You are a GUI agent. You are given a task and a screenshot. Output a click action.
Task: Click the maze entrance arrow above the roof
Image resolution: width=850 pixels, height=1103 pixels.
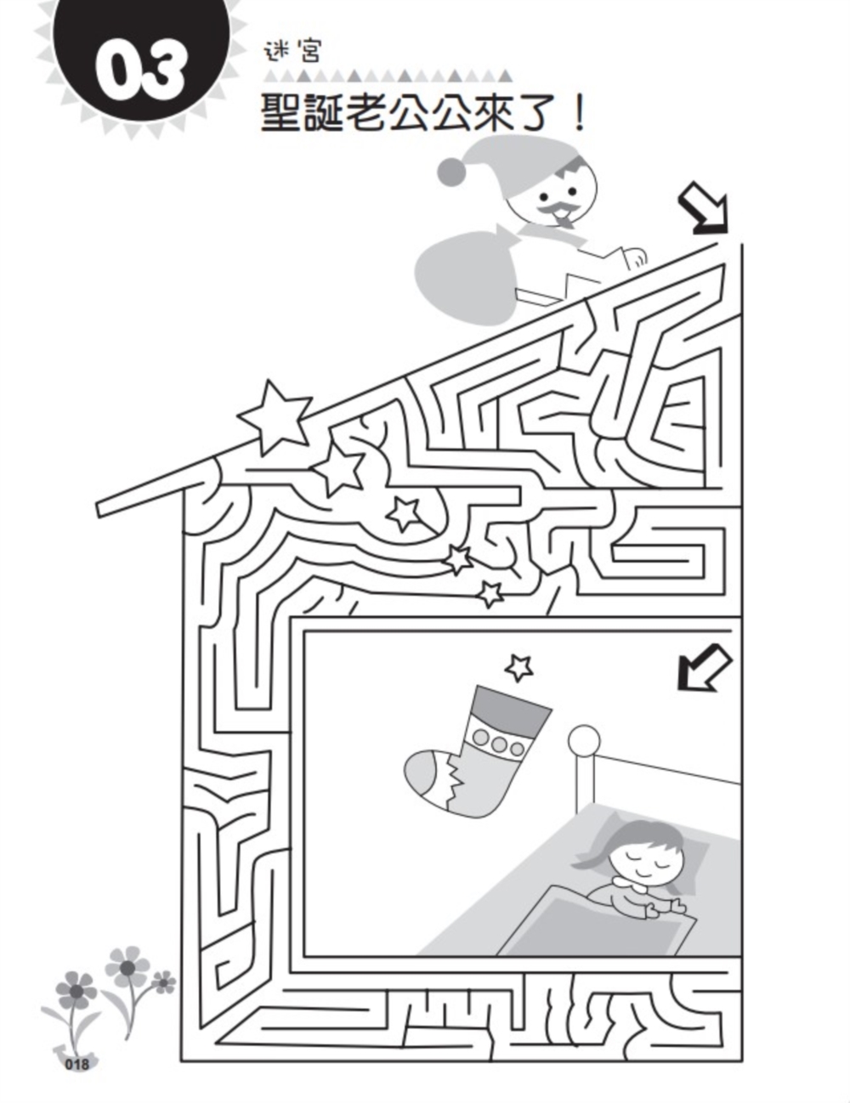click(703, 210)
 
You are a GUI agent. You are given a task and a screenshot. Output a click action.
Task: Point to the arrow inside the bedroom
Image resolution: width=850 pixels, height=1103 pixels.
click(704, 667)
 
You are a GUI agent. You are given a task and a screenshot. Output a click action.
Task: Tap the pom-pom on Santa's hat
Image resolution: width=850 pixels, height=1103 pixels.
click(451, 172)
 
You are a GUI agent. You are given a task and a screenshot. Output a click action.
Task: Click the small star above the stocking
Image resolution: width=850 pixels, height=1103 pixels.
click(518, 668)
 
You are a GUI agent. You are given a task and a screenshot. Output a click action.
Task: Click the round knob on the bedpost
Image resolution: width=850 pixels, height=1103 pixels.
click(584, 738)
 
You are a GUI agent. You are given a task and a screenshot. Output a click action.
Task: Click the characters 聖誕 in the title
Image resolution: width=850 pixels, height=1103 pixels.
click(301, 113)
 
